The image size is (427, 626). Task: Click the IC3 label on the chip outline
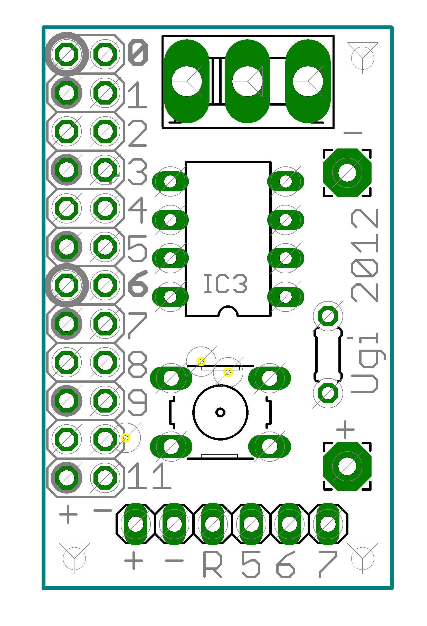tap(225, 284)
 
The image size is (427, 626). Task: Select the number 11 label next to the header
tap(149, 476)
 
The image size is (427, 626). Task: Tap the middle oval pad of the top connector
tap(247, 81)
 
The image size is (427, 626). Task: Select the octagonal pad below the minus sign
tap(347, 173)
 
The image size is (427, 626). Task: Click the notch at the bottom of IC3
tap(228, 312)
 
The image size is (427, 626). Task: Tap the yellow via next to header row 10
tap(126, 438)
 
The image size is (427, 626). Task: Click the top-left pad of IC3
tap(170, 182)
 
